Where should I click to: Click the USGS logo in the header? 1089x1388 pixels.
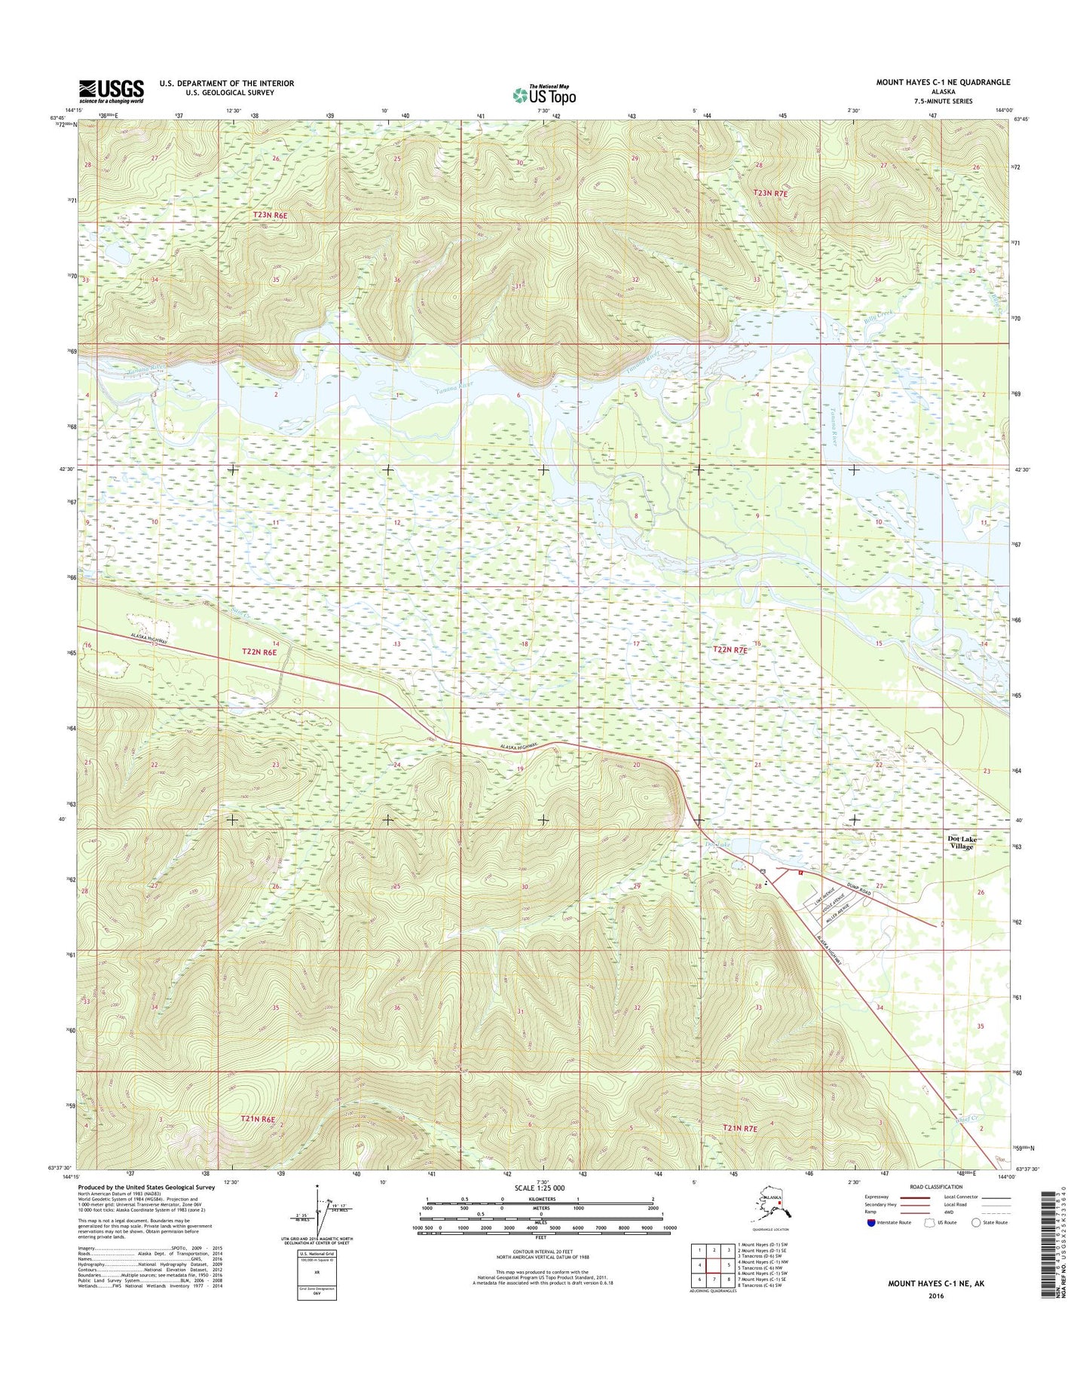pos(111,91)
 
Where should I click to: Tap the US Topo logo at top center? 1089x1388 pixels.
pos(543,95)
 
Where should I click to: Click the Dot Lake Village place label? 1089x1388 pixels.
pos(961,842)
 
